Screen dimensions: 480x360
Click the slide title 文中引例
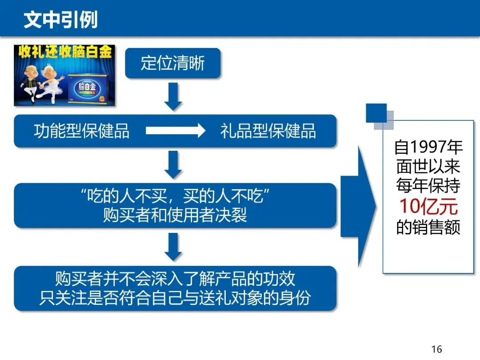pos(60,20)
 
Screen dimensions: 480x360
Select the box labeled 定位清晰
pos(172,63)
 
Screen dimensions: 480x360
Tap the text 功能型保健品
pos(81,131)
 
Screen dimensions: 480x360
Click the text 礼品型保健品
pos(268,131)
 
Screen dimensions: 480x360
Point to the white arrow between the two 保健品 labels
pos(175,131)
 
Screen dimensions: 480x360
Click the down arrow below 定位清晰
pos(173,96)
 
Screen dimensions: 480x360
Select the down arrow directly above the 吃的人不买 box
pos(173,165)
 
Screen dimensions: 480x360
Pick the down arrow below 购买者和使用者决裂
pos(173,247)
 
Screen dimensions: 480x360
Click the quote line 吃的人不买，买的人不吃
pos(175,196)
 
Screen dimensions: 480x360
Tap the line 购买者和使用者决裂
pos(175,215)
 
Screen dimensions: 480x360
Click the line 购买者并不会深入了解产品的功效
pos(175,279)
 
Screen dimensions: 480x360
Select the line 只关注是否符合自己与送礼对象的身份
pos(175,297)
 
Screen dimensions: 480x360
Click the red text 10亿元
pos(428,206)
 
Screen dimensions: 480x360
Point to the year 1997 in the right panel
pos(428,147)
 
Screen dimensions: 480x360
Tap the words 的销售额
pos(428,227)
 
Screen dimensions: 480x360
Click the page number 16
pos(436,349)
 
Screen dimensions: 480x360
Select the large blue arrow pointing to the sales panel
pos(359,207)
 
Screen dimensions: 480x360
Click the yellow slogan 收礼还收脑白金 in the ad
pos(64,52)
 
